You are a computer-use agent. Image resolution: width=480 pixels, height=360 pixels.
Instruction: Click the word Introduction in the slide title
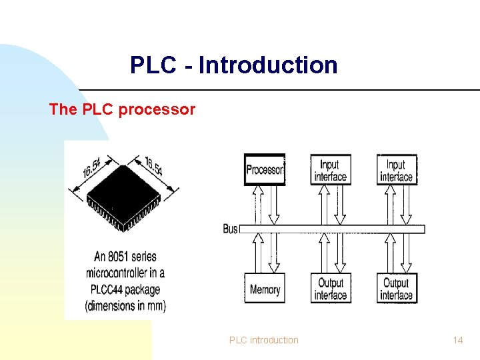pos(268,65)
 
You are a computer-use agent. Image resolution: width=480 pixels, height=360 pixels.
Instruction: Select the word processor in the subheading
pos(157,109)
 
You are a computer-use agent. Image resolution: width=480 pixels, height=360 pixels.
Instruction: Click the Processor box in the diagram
pos(265,169)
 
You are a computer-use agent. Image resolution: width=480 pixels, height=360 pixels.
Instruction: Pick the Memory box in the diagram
pos(265,289)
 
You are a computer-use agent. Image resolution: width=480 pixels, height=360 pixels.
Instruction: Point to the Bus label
pos(230,229)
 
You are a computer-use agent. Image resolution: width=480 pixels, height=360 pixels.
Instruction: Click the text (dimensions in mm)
pos(125,306)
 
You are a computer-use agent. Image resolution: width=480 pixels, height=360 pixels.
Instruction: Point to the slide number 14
pos(457,340)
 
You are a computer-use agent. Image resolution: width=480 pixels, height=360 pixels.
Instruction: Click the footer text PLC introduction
pos(264,340)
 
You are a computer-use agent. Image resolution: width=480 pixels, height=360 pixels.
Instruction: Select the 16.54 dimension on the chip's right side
pos(153,166)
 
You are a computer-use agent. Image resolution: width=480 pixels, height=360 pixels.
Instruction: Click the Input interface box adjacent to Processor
pos(330,169)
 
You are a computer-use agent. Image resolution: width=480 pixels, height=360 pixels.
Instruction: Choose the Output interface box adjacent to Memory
pos(330,289)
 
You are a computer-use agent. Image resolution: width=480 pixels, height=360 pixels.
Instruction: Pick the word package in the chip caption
pos(145,289)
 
